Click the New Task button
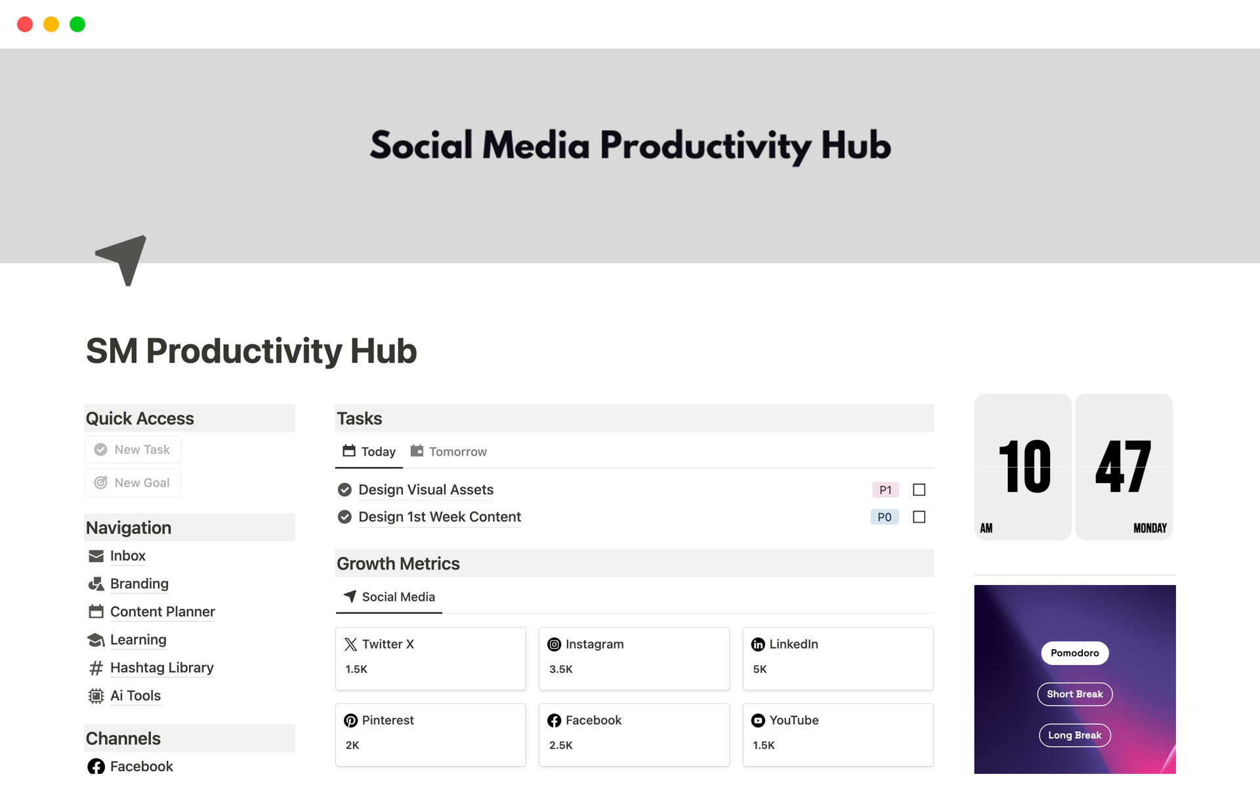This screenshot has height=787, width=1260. click(x=133, y=450)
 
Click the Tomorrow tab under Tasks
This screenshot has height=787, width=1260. click(x=449, y=452)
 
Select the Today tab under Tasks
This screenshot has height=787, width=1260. click(x=369, y=452)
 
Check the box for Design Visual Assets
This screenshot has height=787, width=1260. click(x=919, y=490)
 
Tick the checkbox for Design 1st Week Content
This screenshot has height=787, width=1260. click(x=919, y=517)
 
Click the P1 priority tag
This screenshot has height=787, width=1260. click(x=885, y=490)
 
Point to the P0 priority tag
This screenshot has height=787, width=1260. click(x=885, y=517)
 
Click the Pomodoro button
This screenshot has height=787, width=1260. click(x=1075, y=653)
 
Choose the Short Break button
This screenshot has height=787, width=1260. click(x=1075, y=695)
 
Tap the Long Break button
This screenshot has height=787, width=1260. click(x=1075, y=736)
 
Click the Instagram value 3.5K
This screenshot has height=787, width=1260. click(x=561, y=670)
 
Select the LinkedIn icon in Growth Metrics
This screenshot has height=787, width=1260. click(x=758, y=645)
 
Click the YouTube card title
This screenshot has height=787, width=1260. click(x=794, y=721)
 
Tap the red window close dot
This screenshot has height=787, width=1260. click(x=25, y=24)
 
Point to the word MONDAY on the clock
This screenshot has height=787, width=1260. click(x=1150, y=529)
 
